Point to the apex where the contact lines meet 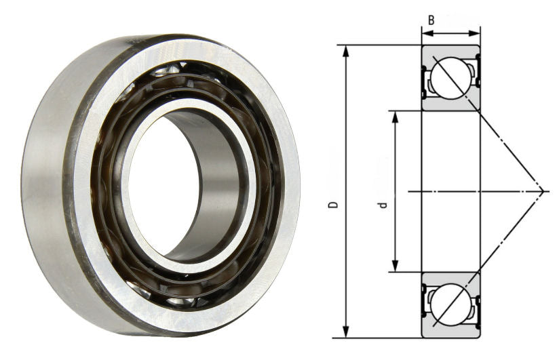point(545,191)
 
